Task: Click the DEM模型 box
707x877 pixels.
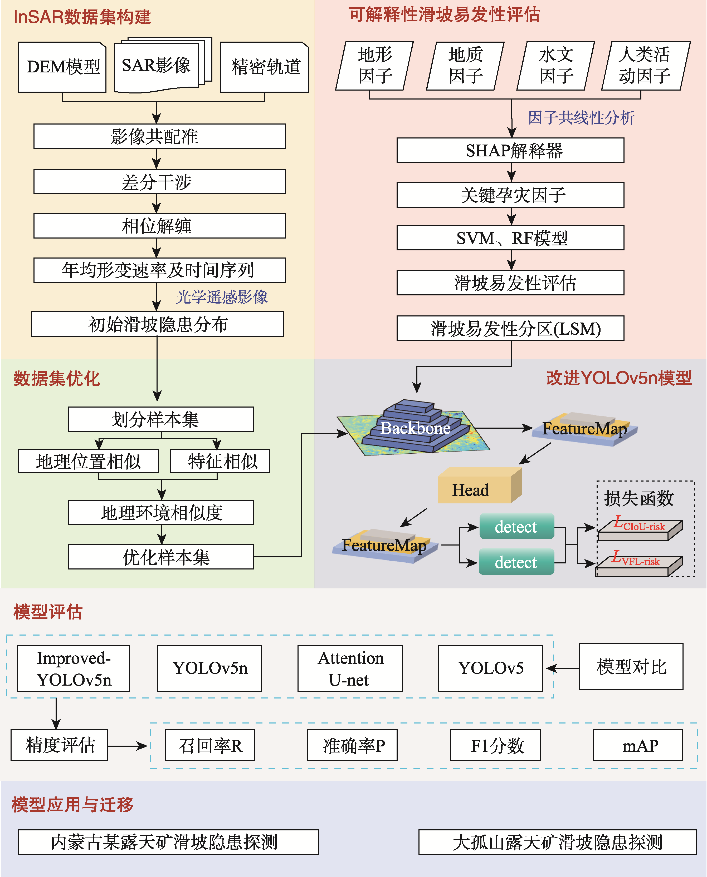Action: click(62, 67)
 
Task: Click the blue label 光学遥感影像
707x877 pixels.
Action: click(222, 297)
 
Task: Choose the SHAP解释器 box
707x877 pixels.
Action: click(510, 151)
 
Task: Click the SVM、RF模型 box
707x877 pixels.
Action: click(510, 238)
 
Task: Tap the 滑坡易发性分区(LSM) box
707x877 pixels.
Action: click(510, 328)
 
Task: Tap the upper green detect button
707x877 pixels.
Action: click(516, 527)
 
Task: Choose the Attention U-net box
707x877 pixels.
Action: click(350, 668)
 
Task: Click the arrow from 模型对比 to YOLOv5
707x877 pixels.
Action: click(562, 668)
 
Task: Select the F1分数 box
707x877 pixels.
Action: click(495, 745)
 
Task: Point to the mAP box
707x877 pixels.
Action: click(637, 745)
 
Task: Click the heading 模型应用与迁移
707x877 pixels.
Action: click(72, 805)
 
